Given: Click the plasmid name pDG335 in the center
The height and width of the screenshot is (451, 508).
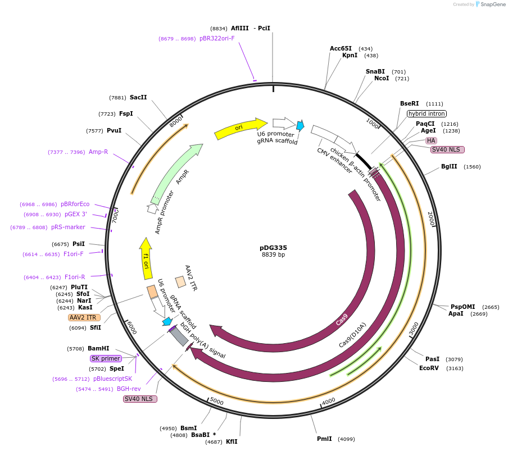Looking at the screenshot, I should (273, 247).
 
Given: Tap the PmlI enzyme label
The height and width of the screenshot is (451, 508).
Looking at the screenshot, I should (324, 439).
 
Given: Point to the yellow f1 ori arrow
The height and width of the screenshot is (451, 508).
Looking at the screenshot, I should (146, 258).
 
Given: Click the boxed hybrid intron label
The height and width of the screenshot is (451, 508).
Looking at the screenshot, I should (427, 113).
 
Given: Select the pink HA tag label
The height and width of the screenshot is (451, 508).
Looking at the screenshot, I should (431, 140).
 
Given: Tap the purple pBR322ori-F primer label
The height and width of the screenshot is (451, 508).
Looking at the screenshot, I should (217, 39).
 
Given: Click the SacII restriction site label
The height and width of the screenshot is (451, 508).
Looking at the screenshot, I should (138, 97).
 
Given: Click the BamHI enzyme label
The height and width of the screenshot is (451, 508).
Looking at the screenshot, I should (98, 348).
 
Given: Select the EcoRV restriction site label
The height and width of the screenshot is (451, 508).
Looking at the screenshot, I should (429, 368).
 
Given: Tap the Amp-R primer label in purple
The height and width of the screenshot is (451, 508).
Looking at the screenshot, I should (98, 152).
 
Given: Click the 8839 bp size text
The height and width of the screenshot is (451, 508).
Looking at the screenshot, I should (273, 255).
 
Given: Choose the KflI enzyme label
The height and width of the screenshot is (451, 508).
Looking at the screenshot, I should (232, 441).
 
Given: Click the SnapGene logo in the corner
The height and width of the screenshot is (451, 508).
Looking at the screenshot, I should (488, 4).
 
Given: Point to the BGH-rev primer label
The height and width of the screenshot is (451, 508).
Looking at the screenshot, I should (129, 389).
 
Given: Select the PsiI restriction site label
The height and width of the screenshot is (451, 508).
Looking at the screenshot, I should (79, 244).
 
